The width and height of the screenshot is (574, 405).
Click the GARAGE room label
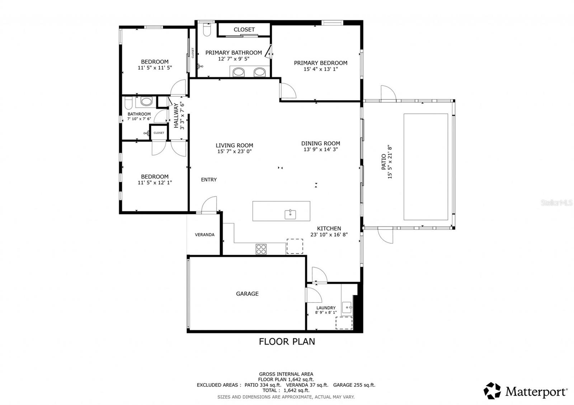pos(247,294)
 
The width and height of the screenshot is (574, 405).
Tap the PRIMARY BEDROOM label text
pos(321,63)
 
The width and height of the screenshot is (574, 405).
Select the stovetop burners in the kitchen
pos(261,249)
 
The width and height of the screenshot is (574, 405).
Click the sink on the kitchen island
pos(290,214)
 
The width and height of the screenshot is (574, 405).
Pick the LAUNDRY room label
pos(326,308)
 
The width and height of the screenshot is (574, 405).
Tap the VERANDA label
pos(205,234)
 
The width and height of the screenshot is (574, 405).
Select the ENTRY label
pos(209,180)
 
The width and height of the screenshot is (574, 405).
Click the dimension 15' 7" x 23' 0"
pos(235,151)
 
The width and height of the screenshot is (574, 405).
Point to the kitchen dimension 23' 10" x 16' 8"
pos(329,234)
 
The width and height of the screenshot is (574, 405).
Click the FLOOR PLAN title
pos(287,342)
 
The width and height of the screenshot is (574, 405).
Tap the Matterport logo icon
pos(492,391)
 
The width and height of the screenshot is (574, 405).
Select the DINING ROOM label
pos(321,143)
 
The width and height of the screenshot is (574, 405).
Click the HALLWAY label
pos(176,115)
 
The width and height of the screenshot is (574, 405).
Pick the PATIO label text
pos(384,162)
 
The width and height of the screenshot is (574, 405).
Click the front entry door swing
pos(209,204)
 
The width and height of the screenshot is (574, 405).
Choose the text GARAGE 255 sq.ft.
pos(354,385)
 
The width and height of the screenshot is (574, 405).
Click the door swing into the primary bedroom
pos(288,91)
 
